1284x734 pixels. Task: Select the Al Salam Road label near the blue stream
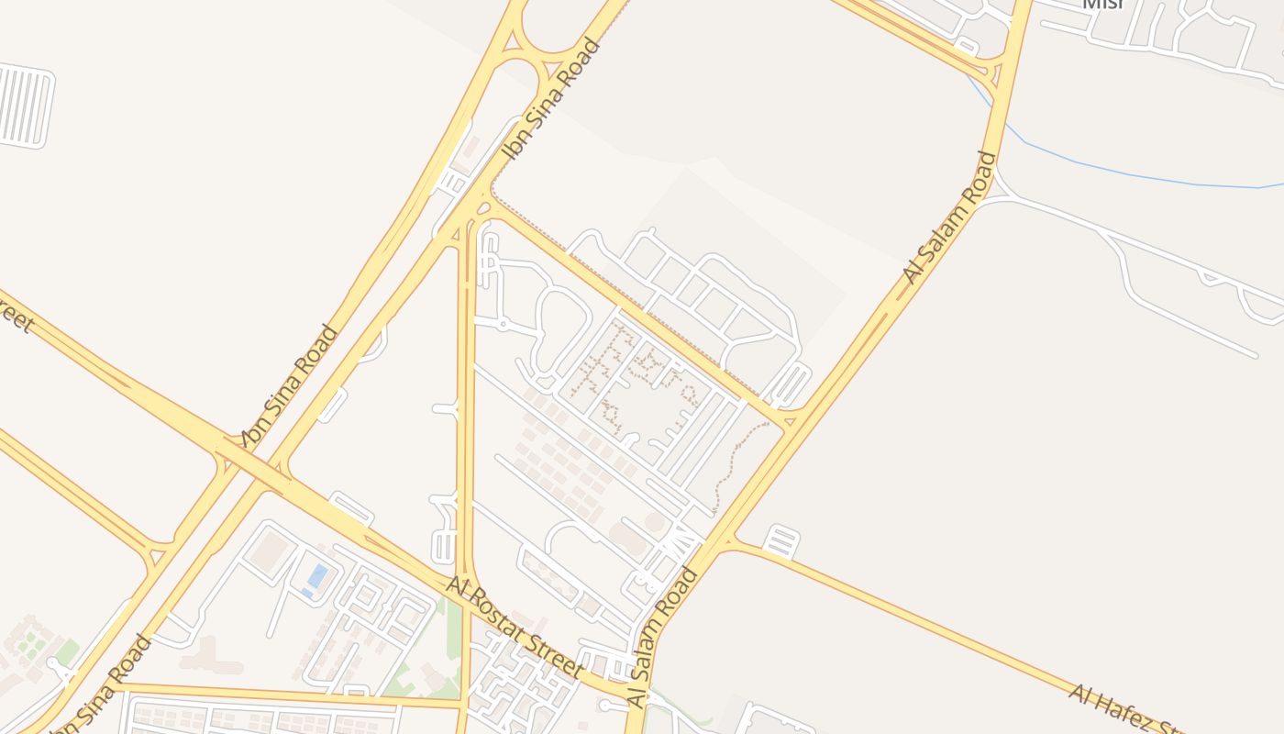[949, 217]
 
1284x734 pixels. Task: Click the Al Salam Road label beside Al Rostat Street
[662, 639]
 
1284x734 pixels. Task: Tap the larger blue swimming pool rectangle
[317, 576]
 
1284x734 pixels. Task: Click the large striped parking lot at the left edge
[25, 106]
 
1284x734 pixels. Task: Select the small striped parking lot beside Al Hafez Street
[780, 541]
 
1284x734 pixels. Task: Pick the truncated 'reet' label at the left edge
[13, 317]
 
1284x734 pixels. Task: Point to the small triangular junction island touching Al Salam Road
[790, 421]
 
